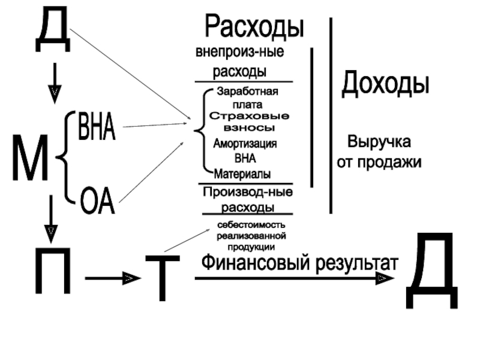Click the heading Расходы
tap(254, 27)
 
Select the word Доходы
tap(385, 85)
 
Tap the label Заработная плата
tap(247, 97)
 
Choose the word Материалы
tap(243, 174)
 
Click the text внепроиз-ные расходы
tap(240, 61)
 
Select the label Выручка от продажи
tap(379, 152)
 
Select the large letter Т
tap(162, 277)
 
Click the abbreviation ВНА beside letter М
tap(96, 127)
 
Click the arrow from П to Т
tap(113, 278)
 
